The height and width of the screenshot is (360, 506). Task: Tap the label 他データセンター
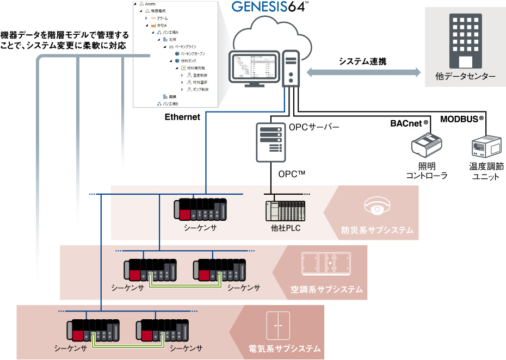click(x=465, y=77)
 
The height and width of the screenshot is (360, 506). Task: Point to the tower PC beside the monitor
click(x=291, y=67)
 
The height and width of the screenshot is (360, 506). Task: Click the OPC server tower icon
click(x=270, y=141)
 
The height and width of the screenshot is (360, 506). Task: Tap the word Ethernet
click(x=182, y=117)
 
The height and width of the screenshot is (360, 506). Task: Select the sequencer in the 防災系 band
click(x=200, y=210)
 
